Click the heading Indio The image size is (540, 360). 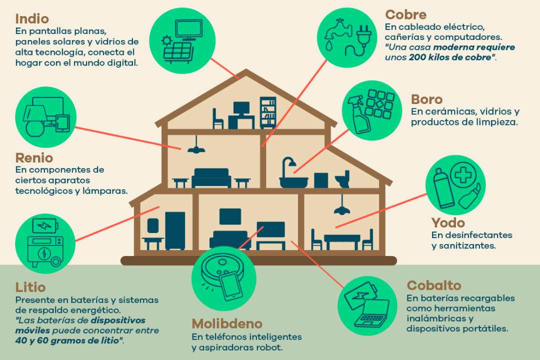click(x=32, y=18)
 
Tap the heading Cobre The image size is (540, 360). click(x=405, y=15)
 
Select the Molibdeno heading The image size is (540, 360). click(x=227, y=324)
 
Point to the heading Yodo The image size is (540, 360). click(x=448, y=223)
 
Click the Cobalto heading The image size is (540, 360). click(x=433, y=285)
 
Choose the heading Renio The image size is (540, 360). click(x=34, y=158)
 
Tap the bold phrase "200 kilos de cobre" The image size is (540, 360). click(x=450, y=57)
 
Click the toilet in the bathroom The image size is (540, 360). click(x=342, y=179)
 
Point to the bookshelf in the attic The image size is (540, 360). click(x=268, y=112)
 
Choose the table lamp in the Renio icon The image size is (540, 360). click(x=35, y=120)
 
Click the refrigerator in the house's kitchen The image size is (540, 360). click(x=175, y=230)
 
